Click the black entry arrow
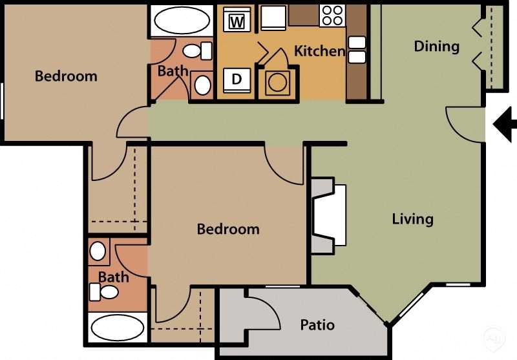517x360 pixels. (504, 124)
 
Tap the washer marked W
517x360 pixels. (237, 21)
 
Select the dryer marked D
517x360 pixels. (237, 80)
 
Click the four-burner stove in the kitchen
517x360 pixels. (332, 15)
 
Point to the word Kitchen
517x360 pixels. (319, 51)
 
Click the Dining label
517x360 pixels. (437, 47)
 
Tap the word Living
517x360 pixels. (412, 219)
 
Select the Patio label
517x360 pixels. (317, 324)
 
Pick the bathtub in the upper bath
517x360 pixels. (182, 20)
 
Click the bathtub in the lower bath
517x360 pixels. (117, 328)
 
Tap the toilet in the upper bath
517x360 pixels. (196, 50)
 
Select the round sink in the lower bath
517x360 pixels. (98, 251)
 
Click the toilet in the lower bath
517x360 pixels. (105, 292)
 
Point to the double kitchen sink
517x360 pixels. (357, 50)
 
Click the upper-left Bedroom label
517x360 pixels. (66, 76)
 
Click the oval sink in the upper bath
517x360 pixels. (202, 85)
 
